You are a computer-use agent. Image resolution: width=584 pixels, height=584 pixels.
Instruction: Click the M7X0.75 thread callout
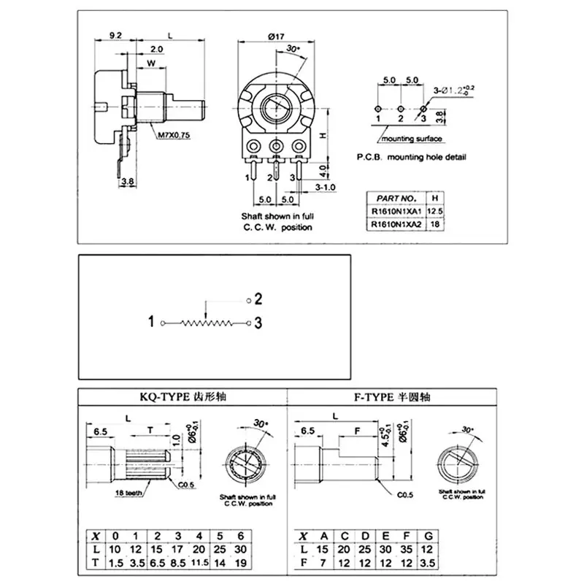click(x=172, y=134)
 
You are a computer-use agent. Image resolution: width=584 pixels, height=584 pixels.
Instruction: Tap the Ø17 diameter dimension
click(x=276, y=36)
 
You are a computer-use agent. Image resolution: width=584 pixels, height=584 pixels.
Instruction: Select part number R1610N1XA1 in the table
click(x=395, y=211)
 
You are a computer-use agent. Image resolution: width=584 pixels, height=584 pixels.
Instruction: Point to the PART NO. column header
click(x=396, y=198)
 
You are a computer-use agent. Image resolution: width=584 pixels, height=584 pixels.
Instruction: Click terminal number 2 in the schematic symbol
click(x=258, y=299)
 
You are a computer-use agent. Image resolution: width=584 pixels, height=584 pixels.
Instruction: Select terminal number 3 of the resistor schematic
click(x=258, y=322)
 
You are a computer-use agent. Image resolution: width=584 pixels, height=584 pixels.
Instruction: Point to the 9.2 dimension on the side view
click(x=115, y=34)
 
